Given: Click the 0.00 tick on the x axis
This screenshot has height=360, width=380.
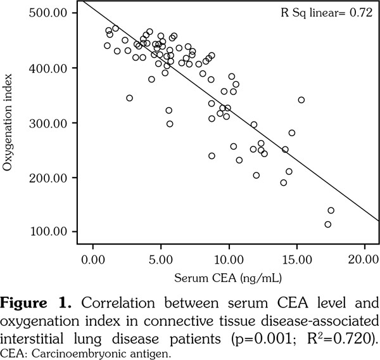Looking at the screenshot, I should [x=93, y=259].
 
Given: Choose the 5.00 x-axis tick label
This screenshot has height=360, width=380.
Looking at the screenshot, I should [x=161, y=259].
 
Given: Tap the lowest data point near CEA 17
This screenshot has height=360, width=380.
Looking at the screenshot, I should [x=327, y=224].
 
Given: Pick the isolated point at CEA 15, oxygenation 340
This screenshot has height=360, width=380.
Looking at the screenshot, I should [x=301, y=100].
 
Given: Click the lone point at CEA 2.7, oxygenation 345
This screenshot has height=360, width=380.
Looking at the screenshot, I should [x=129, y=98].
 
